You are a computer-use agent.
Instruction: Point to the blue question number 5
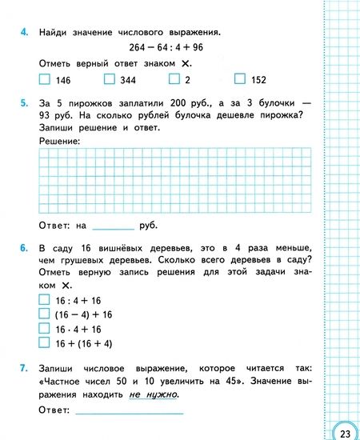coord(24,102)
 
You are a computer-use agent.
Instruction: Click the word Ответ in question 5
coord(54,226)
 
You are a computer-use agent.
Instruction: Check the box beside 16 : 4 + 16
coord(44,299)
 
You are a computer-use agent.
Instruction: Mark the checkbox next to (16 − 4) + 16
coord(44,314)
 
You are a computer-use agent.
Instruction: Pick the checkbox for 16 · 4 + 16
coord(44,328)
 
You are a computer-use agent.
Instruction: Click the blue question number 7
coord(24,370)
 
